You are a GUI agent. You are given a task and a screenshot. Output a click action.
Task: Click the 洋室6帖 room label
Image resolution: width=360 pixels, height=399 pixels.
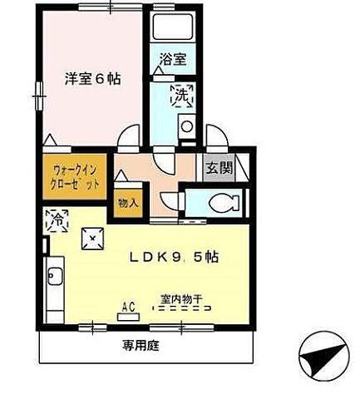click(94, 79)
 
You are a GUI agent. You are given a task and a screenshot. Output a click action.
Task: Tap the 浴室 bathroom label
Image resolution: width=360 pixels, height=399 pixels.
click(173, 60)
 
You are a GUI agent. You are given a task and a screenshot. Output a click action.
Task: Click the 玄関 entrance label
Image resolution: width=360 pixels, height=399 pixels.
click(219, 167)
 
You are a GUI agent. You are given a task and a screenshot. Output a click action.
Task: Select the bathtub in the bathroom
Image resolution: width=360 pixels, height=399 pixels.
click(174, 29)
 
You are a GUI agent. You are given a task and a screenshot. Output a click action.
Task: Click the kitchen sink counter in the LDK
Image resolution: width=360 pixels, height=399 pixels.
click(55, 288)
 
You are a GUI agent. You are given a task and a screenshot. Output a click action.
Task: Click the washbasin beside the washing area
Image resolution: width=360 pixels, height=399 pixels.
click(187, 128)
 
